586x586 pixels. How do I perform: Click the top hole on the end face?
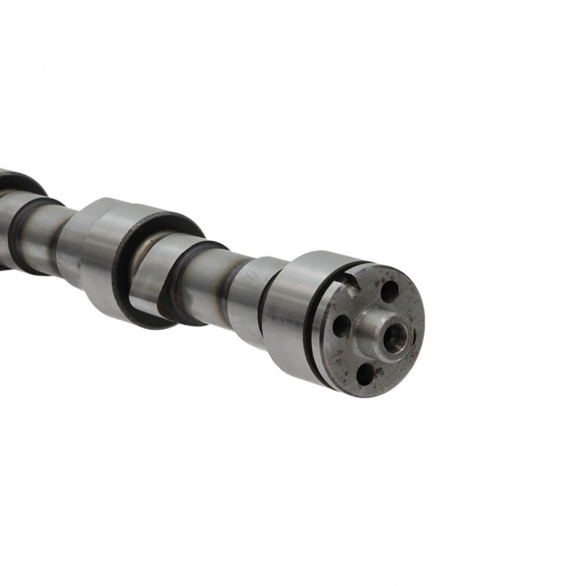click(390, 291)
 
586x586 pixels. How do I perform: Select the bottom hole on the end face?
click(365, 374)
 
